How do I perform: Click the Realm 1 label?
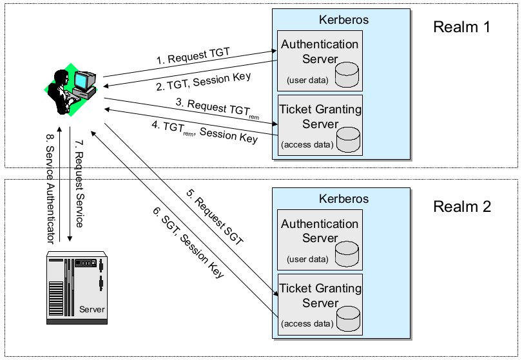point(462,27)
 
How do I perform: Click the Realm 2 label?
point(462,207)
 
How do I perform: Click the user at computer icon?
point(72,90)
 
